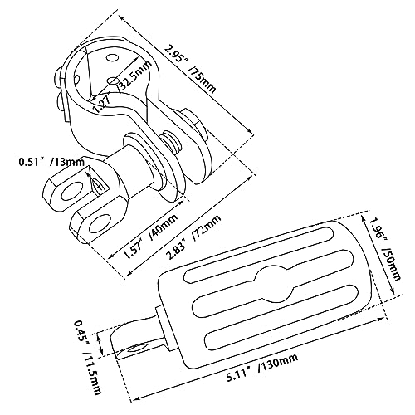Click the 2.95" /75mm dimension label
(190, 70)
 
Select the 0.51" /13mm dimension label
(51, 162)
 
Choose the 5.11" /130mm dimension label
(262, 368)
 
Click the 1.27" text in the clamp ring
(102, 103)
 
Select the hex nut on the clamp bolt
(193, 124)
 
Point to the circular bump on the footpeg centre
(275, 284)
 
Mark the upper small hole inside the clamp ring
(112, 58)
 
